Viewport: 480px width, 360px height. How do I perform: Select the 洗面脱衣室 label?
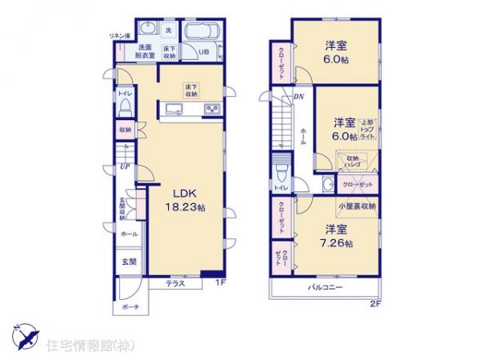(x=144, y=52)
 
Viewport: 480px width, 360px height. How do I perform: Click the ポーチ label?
(x=131, y=307)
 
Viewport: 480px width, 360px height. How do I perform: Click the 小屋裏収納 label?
(x=357, y=205)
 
